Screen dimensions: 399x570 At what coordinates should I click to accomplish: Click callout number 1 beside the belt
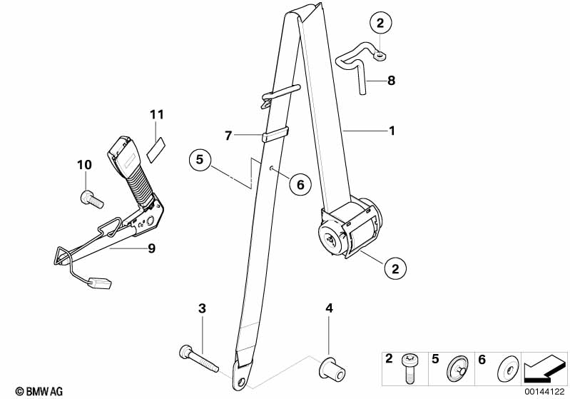(392, 131)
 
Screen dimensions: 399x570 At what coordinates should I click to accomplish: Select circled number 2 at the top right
(380, 24)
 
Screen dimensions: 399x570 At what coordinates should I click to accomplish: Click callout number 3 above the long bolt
(202, 308)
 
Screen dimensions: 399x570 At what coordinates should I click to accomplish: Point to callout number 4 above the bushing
(329, 308)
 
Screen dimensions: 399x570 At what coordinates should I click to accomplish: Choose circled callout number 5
(201, 159)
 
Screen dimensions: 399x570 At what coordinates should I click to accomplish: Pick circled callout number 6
(300, 185)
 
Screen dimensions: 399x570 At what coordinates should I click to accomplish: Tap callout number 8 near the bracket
(391, 81)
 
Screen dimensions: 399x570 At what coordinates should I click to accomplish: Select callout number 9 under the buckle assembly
(151, 248)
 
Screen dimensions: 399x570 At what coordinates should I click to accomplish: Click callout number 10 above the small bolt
(84, 165)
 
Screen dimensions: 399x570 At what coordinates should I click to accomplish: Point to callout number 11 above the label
(157, 114)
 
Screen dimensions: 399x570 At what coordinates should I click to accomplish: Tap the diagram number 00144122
(545, 391)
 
